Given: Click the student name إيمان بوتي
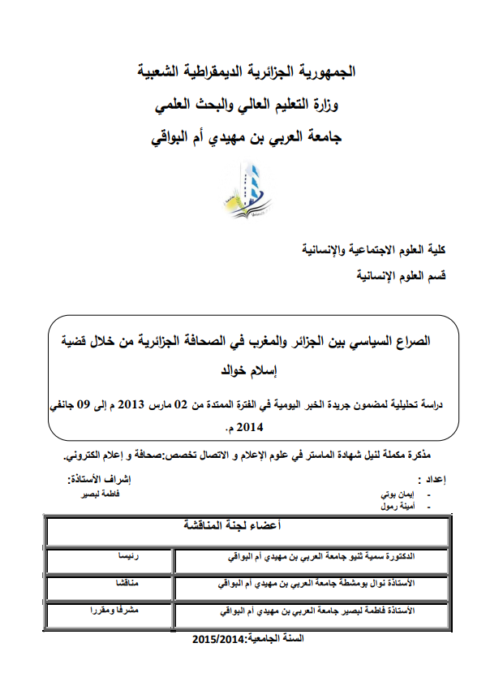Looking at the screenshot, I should (x=399, y=493).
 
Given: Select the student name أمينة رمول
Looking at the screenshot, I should (x=398, y=506).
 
